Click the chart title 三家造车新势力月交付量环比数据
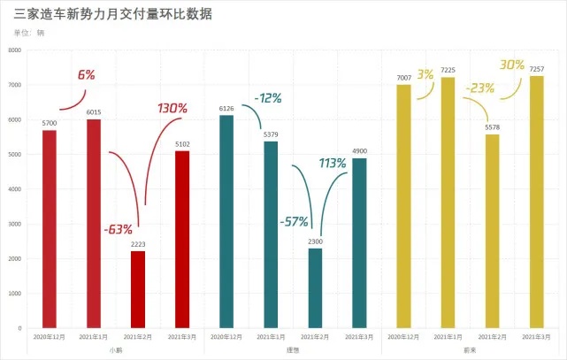pyautogui.click(x=113, y=15)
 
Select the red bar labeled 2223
pyautogui.click(x=138, y=289)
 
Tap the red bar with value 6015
pyautogui.click(x=94, y=224)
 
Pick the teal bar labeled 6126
pyautogui.click(x=226, y=221)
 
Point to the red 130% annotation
pyautogui.click(x=172, y=109)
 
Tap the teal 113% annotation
pyautogui.click(x=333, y=163)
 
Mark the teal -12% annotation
pyautogui.click(x=267, y=98)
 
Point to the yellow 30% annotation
pyautogui.click(x=512, y=65)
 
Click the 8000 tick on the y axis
pyautogui.click(x=14, y=50)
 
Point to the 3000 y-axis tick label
pyautogui.click(x=14, y=224)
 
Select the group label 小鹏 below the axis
pyautogui.click(x=116, y=351)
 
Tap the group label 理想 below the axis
pyautogui.click(x=293, y=351)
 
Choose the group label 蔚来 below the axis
pyautogui.click(x=470, y=351)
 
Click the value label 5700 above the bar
pyautogui.click(x=50, y=122)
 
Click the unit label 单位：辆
pyautogui.click(x=29, y=33)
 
